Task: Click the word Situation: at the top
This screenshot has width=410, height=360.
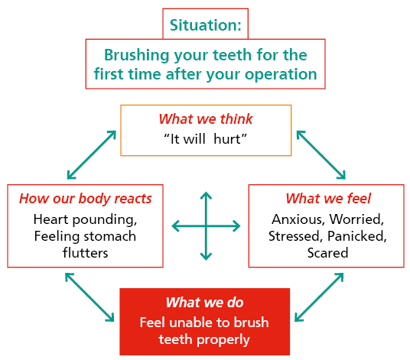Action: pyautogui.click(x=205, y=25)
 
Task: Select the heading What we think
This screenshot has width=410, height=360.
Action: pyautogui.click(x=205, y=119)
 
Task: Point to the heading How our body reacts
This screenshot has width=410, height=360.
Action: pyautogui.click(x=85, y=199)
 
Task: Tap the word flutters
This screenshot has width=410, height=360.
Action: pyautogui.click(x=85, y=252)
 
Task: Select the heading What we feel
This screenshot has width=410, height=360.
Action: pyautogui.click(x=328, y=199)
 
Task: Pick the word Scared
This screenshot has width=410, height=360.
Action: pyautogui.click(x=328, y=252)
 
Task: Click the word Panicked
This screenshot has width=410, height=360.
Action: pyautogui.click(x=361, y=235)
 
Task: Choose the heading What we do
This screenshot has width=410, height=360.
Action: pyautogui.click(x=205, y=302)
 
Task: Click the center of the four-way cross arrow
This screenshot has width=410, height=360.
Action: pyautogui.click(x=206, y=225)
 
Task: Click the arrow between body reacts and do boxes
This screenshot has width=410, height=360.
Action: pyautogui.click(x=90, y=297)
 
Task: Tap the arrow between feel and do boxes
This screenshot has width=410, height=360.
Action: pyautogui.click(x=321, y=297)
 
